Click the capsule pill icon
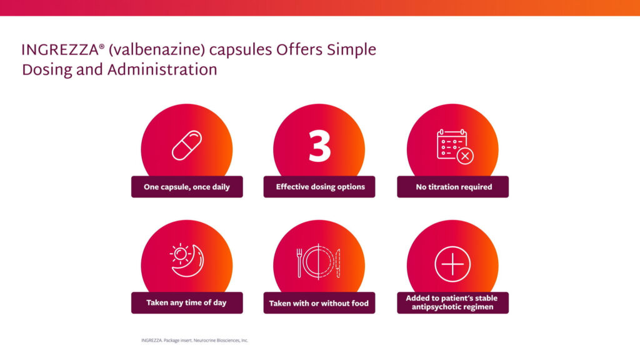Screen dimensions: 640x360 [187, 145]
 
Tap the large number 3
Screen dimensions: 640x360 [319, 146]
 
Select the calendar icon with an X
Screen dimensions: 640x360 [455, 146]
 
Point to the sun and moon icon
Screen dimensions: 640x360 [187, 261]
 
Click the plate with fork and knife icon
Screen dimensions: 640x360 [318, 262]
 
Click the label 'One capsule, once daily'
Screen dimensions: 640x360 [186, 187]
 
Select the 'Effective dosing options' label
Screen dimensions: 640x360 [321, 186]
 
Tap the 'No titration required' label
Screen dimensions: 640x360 [454, 187]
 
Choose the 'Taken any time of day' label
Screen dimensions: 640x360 [186, 302]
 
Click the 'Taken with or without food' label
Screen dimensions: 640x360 [319, 303]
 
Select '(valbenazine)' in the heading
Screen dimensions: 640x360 [156, 50]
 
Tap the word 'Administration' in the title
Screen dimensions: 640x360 [162, 70]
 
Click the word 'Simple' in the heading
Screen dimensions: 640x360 [351, 50]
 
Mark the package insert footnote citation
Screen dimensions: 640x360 [195, 341]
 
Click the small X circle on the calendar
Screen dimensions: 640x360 [465, 156]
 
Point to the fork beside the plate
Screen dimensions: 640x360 [299, 263]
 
